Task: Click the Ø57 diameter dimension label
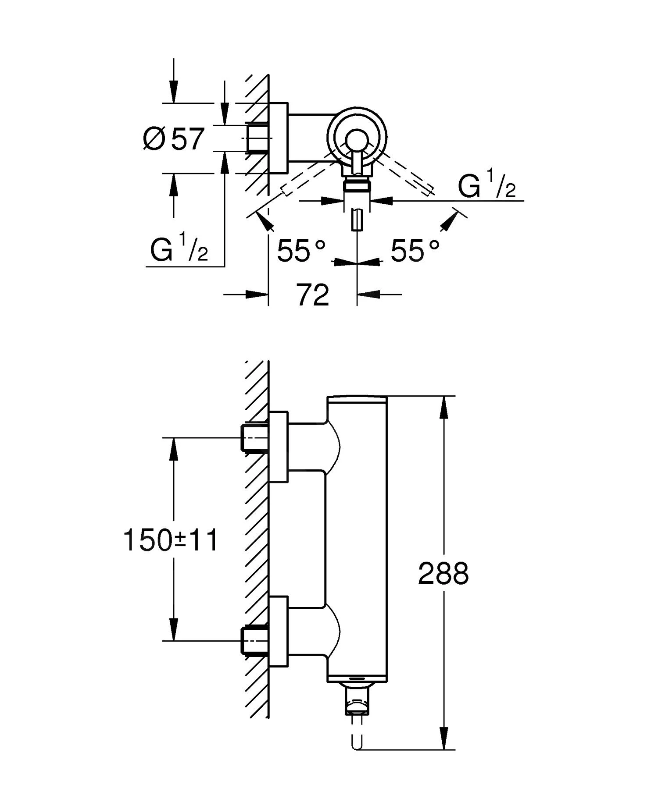[x=174, y=139]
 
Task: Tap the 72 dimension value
[x=313, y=295]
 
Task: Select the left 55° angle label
[x=301, y=251]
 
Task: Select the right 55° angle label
[x=415, y=251]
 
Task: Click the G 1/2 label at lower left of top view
[x=179, y=250]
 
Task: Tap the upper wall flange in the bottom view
[x=279, y=447]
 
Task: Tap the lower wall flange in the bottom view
[x=279, y=631]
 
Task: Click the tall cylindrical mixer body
[x=358, y=539]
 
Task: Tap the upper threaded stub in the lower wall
[x=254, y=437]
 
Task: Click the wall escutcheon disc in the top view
[x=279, y=138]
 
